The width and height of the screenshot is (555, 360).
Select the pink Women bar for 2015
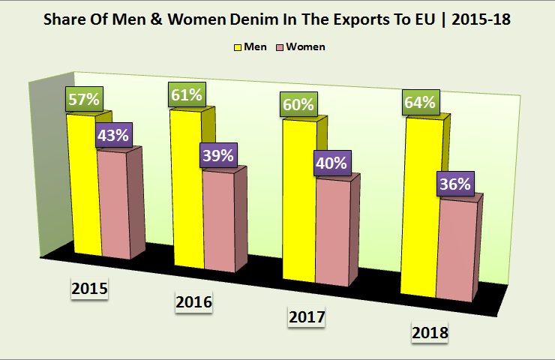click(x=114, y=206)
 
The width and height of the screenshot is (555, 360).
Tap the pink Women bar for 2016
click(x=218, y=221)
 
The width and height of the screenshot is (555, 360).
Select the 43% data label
click(x=113, y=136)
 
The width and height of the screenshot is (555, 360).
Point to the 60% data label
click(x=298, y=104)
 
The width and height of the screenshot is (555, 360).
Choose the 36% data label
click(x=455, y=184)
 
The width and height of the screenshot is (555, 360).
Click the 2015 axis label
click(x=90, y=289)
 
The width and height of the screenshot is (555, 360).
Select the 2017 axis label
click(x=307, y=318)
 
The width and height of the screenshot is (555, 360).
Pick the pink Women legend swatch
click(x=283, y=47)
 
